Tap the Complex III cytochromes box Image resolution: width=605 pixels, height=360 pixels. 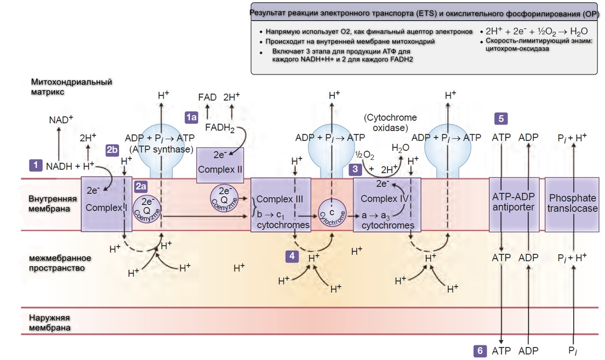[x=281, y=204]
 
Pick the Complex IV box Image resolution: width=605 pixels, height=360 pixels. [x=387, y=204]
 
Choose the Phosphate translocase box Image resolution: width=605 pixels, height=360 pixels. [x=573, y=204]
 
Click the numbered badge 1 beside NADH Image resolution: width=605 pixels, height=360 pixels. [x=36, y=164]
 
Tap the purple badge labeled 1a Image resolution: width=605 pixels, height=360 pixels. [x=191, y=116]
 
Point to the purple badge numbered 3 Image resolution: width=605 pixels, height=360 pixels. [x=356, y=170]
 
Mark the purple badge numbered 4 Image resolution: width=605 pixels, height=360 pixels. [x=292, y=255]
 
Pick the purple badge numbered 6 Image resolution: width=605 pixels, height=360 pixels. [x=480, y=351]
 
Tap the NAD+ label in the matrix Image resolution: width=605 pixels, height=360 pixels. [x=61, y=119]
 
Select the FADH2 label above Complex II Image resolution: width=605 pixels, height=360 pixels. [x=219, y=128]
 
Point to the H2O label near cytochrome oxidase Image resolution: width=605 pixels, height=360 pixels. [x=400, y=148]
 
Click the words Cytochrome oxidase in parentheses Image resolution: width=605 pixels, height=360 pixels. [x=390, y=123]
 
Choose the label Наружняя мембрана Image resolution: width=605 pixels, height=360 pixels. [x=50, y=322]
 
